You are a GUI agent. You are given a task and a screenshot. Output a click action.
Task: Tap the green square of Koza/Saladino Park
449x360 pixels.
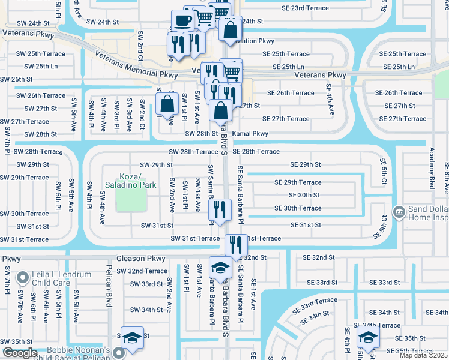pyautogui.click(x=131, y=200)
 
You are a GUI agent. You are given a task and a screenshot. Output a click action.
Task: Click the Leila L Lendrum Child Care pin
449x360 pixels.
pyautogui.click(x=22, y=278)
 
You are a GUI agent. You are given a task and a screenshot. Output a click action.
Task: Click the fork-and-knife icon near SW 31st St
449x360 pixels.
pyautogui.click(x=220, y=210)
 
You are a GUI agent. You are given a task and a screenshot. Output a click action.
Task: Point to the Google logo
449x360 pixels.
pyautogui.click(x=20, y=353)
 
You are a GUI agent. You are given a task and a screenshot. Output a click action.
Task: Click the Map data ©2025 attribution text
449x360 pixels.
pyautogui.click(x=423, y=355)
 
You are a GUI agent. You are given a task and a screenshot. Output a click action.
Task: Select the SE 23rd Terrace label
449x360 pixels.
pyautogui.click(x=305, y=8)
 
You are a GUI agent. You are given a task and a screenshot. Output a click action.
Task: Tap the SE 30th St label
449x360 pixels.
pyautogui.click(x=304, y=195)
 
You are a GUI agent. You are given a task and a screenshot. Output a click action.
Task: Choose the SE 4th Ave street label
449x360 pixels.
pyautogui.click(x=330, y=99)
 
